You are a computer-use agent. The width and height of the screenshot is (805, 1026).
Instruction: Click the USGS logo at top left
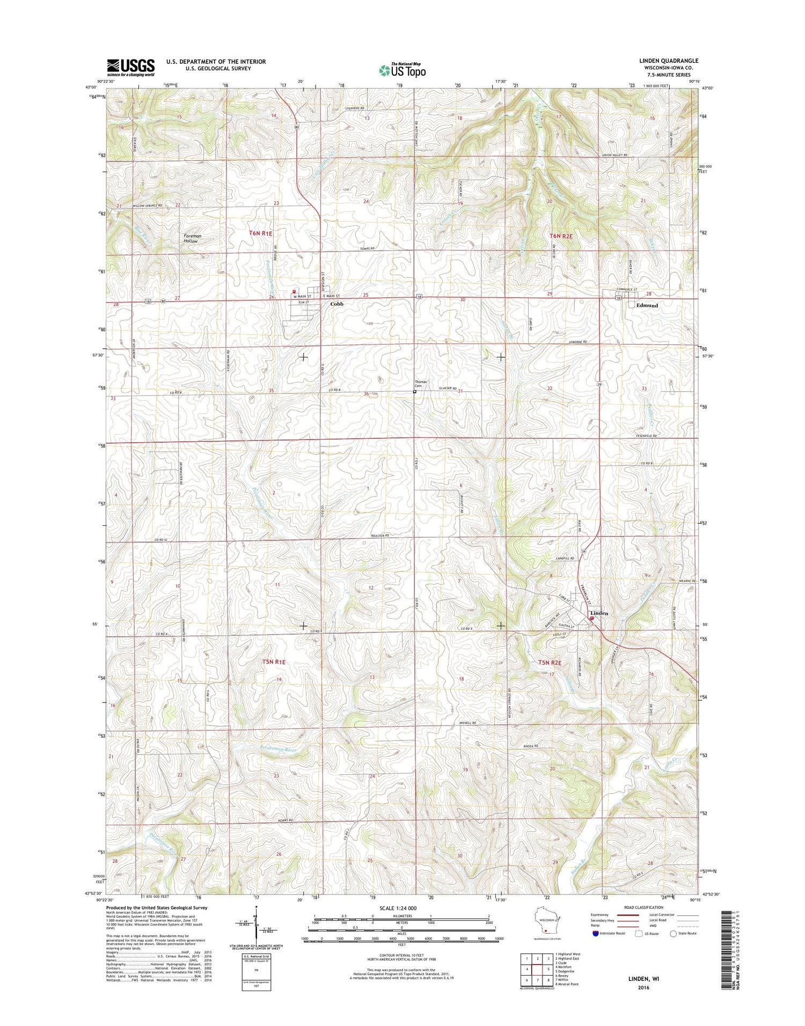130,67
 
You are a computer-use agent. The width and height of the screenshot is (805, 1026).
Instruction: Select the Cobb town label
336,304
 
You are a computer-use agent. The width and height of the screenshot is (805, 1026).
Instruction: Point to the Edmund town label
647,305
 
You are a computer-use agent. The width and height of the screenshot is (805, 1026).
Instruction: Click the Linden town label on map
599,613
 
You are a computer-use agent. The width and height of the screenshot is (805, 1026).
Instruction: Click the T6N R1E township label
261,233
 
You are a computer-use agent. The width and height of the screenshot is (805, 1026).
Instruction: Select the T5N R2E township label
550,663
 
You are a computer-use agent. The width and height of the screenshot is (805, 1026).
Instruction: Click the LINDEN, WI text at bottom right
643,979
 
